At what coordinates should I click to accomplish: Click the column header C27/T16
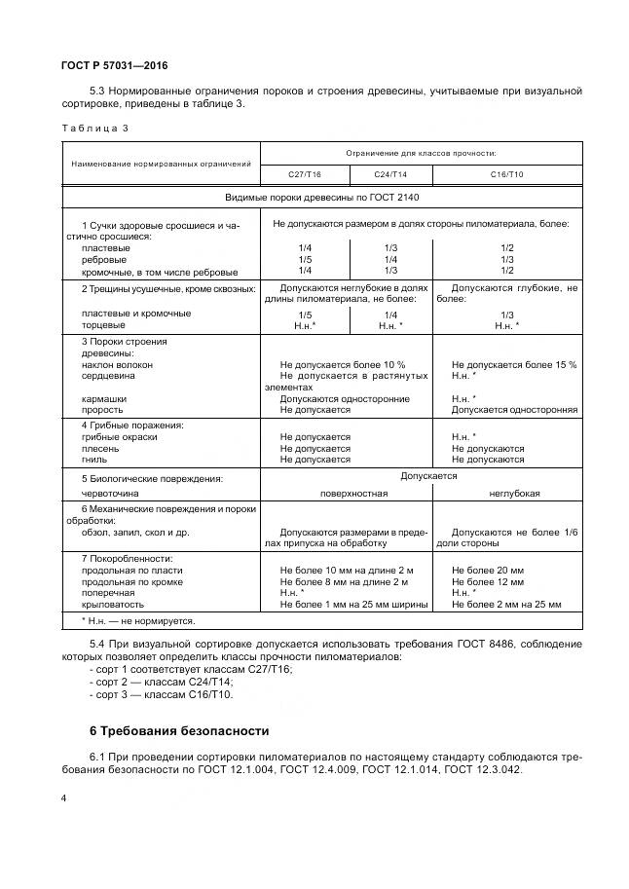pos(304,174)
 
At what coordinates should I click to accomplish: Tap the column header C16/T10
pos(506,174)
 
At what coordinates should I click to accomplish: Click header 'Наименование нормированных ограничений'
pos(161,163)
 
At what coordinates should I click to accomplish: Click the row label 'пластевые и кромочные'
pos(123,313)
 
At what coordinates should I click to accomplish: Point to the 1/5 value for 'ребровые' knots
pos(305,260)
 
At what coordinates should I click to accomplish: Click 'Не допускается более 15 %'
pos(514,364)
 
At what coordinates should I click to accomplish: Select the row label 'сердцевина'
pos(108,375)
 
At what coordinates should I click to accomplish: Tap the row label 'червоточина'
pos(110,493)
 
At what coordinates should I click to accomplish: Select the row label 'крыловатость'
pos(112,604)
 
